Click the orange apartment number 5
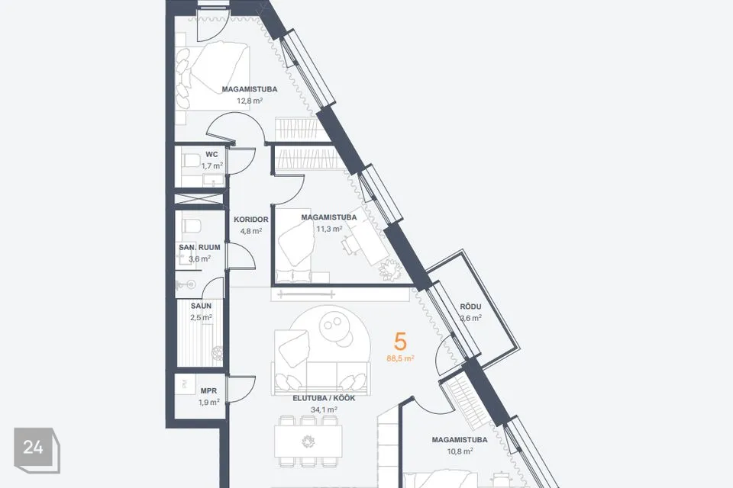[x=400, y=342]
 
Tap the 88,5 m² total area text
[x=401, y=358]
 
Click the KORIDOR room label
[x=251, y=219]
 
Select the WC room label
[x=212, y=155]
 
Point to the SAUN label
[x=201, y=306]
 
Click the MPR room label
[x=208, y=391]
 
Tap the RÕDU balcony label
[x=471, y=307]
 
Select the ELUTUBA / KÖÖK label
[x=324, y=398]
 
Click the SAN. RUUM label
[x=199, y=247]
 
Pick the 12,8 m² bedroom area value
[x=250, y=100]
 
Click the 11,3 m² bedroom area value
[x=329, y=229]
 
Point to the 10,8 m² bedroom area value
[x=460, y=451]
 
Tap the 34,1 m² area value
[x=324, y=409]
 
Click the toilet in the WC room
[x=191, y=160]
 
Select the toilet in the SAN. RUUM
[x=191, y=226]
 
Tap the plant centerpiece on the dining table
[x=308, y=441]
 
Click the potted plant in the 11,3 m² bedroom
[x=390, y=269]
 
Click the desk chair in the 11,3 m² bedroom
[x=349, y=245]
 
